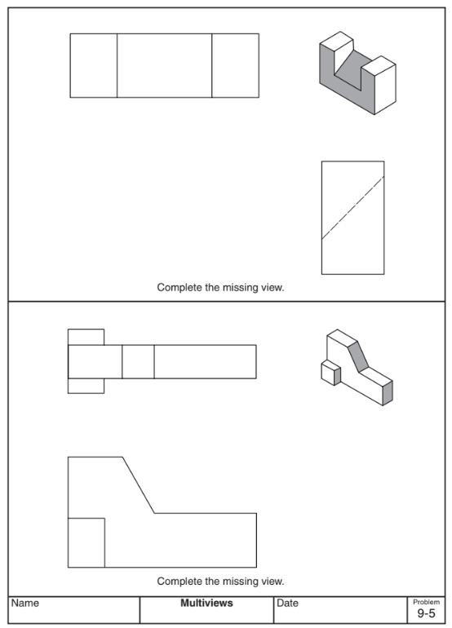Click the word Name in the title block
[x=25, y=604]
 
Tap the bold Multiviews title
[x=206, y=604]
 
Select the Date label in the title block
[x=287, y=604]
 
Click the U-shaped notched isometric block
[x=356, y=73]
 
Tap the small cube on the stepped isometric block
[x=330, y=373]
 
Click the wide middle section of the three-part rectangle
[x=164, y=65]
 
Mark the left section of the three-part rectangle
[x=93, y=65]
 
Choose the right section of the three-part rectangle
[x=235, y=65]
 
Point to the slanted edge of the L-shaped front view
[x=139, y=485]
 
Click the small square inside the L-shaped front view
[x=86, y=542]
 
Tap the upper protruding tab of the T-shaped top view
[x=86, y=337]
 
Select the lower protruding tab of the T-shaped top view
[x=86, y=386]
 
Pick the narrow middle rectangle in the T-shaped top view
[x=138, y=361]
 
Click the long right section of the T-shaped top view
[x=205, y=361]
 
